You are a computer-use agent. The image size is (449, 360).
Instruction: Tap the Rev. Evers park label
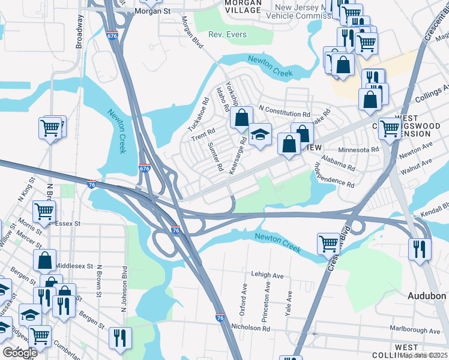point(228,35)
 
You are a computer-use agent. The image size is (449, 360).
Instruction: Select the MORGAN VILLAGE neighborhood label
point(243,7)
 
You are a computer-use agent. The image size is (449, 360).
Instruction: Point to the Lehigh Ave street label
point(267,275)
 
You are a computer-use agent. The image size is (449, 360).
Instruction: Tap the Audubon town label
point(427,296)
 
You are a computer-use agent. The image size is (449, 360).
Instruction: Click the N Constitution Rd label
point(284,113)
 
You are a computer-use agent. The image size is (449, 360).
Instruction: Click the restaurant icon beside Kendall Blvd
point(418,248)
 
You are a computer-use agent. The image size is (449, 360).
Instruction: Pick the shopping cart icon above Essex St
point(44,212)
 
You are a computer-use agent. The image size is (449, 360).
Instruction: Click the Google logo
point(20,353)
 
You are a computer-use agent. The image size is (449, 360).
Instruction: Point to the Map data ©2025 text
point(423,355)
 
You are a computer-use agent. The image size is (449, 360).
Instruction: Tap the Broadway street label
point(79,32)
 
